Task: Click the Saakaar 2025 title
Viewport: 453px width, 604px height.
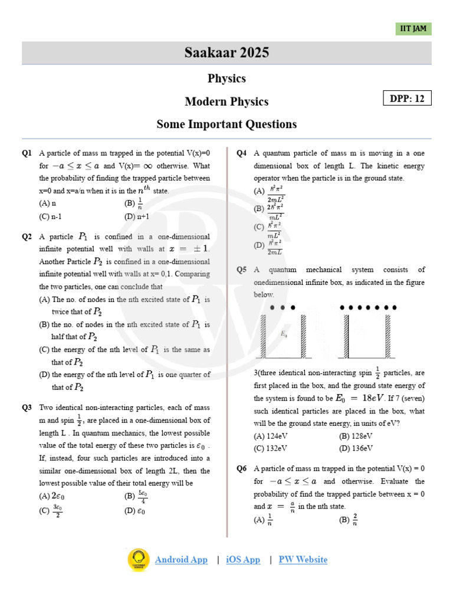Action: pyautogui.click(x=226, y=53)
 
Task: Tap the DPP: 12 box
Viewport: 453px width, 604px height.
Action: pyautogui.click(x=407, y=99)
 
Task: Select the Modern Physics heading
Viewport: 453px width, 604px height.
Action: pyautogui.click(x=226, y=101)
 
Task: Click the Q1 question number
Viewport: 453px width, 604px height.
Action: pyautogui.click(x=27, y=153)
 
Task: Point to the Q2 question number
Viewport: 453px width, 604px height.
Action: pyautogui.click(x=27, y=237)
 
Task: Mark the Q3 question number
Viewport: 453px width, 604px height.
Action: pyautogui.click(x=27, y=408)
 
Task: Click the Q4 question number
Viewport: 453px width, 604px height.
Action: pyautogui.click(x=242, y=153)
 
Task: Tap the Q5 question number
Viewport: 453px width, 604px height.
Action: pyautogui.click(x=242, y=270)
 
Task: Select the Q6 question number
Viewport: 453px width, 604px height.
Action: pyautogui.click(x=242, y=468)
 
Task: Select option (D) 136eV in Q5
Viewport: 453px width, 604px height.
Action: pyautogui.click(x=356, y=448)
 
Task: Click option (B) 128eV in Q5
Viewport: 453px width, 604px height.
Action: pyautogui.click(x=356, y=436)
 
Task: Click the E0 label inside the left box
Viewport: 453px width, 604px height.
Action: pyautogui.click(x=284, y=334)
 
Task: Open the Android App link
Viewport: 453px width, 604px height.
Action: pyautogui.click(x=181, y=560)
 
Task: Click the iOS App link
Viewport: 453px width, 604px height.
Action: pyautogui.click(x=243, y=560)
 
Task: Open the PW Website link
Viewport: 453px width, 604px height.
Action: pyautogui.click(x=303, y=560)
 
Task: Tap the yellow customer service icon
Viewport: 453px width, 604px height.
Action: pyautogui.click(x=139, y=560)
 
